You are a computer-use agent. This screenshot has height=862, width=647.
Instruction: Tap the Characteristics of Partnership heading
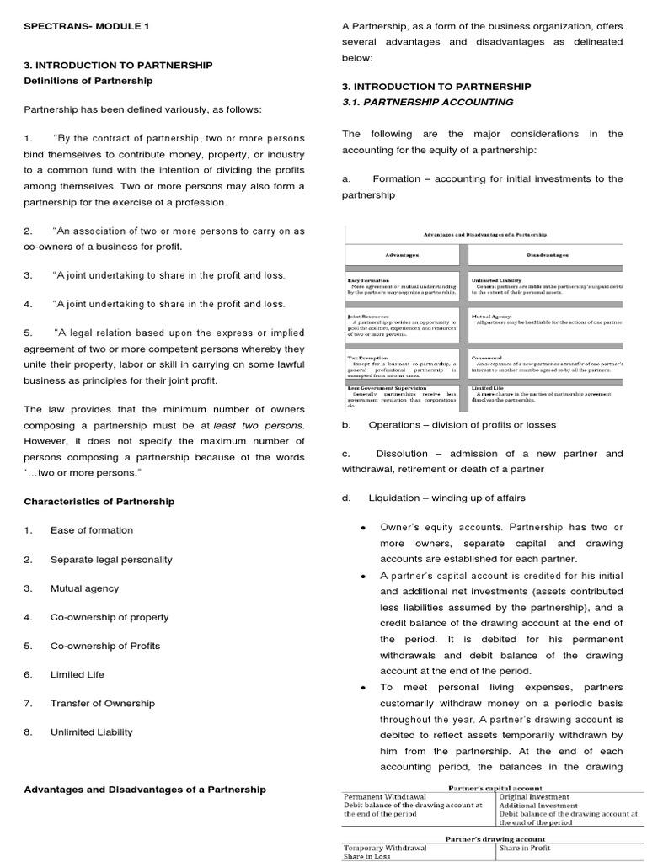coord(99,501)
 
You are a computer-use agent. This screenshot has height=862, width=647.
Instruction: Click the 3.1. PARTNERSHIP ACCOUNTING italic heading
coord(427,102)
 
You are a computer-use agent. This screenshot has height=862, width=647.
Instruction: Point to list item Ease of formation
coord(91,530)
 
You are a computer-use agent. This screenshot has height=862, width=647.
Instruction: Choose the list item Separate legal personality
coord(111,560)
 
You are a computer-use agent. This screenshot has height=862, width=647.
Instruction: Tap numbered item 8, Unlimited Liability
coord(91,732)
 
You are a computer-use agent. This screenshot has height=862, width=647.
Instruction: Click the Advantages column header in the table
coord(402,253)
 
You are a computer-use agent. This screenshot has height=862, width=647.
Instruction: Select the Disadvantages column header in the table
coord(547,253)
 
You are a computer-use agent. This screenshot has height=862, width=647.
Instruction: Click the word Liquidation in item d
coord(394,498)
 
